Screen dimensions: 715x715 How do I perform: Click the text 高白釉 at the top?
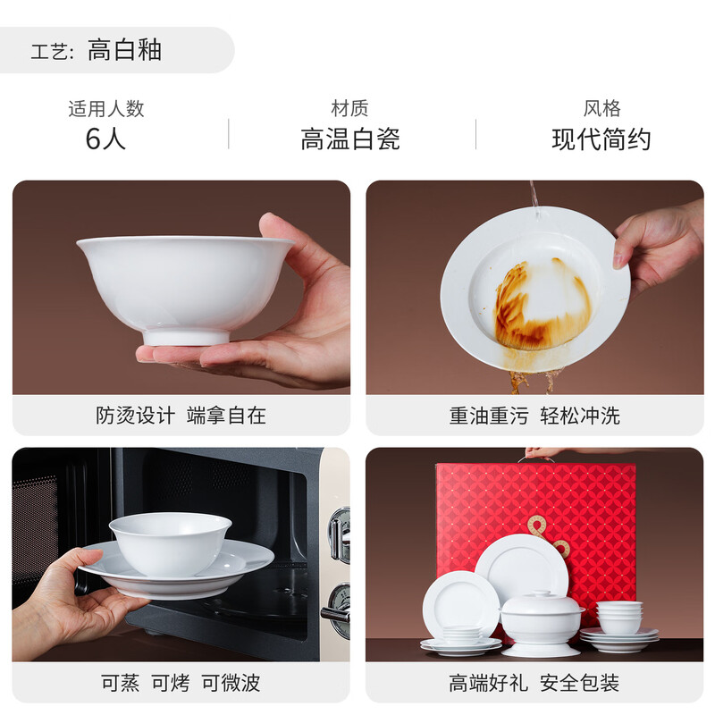click(124, 50)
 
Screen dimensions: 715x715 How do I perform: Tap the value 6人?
click(105, 139)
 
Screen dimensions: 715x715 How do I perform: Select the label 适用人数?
click(105, 109)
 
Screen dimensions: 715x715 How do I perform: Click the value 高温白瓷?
click(349, 139)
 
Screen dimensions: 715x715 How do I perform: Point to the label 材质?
click(349, 109)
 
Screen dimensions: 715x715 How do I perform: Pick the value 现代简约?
click(601, 139)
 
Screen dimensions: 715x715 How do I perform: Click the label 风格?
click(601, 109)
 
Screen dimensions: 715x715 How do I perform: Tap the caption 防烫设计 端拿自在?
click(181, 416)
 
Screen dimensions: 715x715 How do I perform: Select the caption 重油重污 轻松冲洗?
click(534, 416)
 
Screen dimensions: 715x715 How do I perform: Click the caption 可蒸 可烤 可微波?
click(181, 684)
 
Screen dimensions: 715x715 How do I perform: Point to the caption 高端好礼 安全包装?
click(534, 684)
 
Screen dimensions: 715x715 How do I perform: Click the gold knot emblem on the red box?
click(546, 534)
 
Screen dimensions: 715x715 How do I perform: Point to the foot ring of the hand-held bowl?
click(186, 337)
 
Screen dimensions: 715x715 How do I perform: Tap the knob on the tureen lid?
click(540, 593)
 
